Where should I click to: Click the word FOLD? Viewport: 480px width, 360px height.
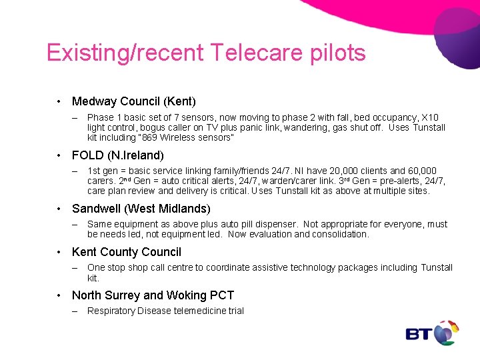pyautogui.click(x=87, y=155)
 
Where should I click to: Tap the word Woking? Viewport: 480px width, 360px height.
pyautogui.click(x=185, y=295)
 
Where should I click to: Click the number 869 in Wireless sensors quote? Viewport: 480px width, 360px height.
pyautogui.click(x=149, y=137)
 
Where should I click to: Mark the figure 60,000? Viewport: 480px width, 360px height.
pyautogui.click(x=421, y=171)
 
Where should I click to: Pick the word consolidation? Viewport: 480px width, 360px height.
pyautogui.click(x=340, y=234)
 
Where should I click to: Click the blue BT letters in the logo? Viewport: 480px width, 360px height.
pyautogui.click(x=419, y=333)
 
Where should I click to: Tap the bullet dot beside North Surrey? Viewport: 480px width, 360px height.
pyautogui.click(x=59, y=295)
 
